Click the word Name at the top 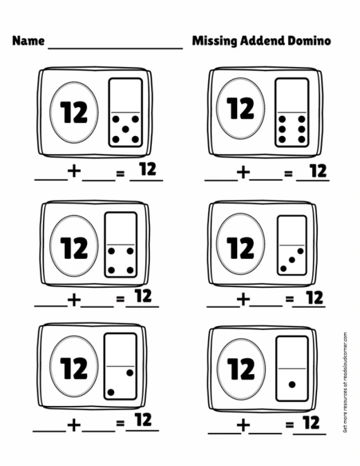pyautogui.click(x=28, y=41)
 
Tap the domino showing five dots pyautogui.click(x=126, y=113)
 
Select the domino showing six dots pyautogui.click(x=291, y=113)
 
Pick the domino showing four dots pyautogui.click(x=120, y=244)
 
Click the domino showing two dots pyautogui.click(x=120, y=366)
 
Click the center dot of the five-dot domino pyautogui.click(x=126, y=128)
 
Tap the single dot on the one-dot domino pyautogui.click(x=292, y=384)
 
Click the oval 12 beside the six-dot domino pyautogui.click(x=240, y=110)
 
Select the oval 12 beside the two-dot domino pyautogui.click(x=73, y=368)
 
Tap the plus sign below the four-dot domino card pyautogui.click(x=74, y=300)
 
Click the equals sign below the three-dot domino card pyautogui.click(x=288, y=300)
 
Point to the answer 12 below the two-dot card pyautogui.click(x=143, y=419)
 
